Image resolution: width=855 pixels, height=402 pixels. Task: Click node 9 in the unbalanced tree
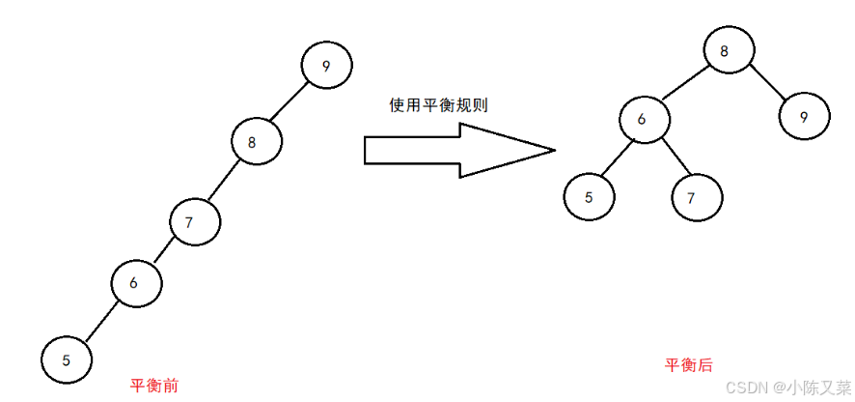click(x=326, y=67)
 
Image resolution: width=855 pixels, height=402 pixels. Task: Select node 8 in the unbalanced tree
click(x=257, y=142)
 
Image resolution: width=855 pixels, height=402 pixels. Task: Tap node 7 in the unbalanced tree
click(x=195, y=222)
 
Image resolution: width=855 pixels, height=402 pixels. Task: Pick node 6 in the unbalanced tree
click(x=135, y=283)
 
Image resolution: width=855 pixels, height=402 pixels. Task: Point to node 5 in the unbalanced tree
click(x=67, y=359)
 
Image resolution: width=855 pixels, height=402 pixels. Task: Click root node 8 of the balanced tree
click(x=729, y=50)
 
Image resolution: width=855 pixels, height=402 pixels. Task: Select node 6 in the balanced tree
click(x=645, y=119)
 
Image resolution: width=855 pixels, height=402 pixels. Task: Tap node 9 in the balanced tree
click(x=804, y=116)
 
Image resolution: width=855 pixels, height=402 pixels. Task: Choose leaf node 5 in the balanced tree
click(x=590, y=197)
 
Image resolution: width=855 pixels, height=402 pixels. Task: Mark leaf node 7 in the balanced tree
click(x=697, y=197)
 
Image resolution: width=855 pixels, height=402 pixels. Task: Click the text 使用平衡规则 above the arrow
click(x=438, y=105)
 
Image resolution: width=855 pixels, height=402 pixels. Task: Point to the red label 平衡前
click(x=153, y=386)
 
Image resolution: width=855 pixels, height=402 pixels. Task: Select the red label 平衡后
click(x=689, y=365)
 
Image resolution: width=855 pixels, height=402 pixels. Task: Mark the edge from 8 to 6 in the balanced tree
click(x=687, y=84)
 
